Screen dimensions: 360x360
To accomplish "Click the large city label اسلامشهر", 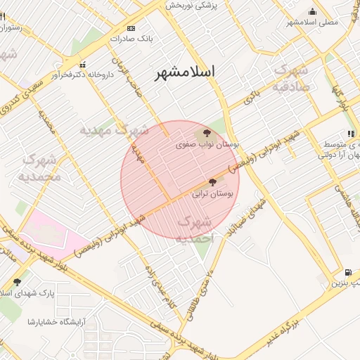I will (185, 71).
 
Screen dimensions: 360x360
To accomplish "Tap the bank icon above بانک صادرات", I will (131, 28).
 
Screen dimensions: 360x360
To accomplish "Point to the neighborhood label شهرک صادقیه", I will (290, 78).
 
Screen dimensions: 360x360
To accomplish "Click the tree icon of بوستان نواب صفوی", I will (207, 133).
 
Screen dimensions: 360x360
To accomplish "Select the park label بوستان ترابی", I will (212, 193).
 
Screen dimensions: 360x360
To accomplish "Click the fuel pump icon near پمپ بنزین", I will (347, 273).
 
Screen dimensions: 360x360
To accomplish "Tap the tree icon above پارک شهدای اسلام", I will (18, 281).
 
